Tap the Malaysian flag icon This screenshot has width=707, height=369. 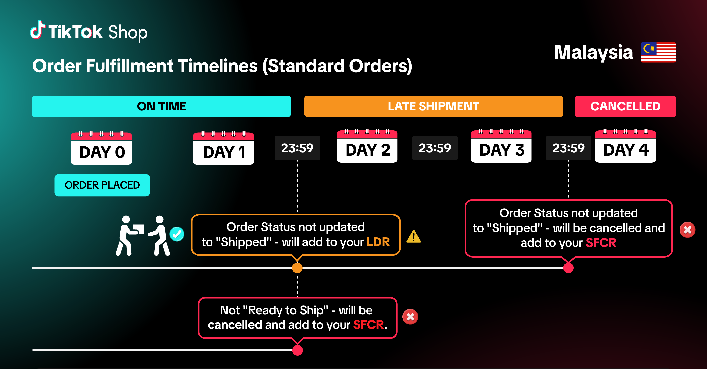point(658,52)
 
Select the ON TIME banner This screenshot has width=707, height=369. point(161,106)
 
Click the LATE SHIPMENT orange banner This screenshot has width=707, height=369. point(433,106)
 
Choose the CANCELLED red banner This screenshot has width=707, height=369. point(625,106)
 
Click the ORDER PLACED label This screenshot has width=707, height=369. point(102,185)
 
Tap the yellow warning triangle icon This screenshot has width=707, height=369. point(413,237)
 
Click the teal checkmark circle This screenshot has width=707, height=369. point(177,234)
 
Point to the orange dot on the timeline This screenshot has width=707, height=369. point(297,268)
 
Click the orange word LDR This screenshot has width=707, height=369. point(378,242)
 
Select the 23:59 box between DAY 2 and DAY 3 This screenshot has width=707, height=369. point(435,148)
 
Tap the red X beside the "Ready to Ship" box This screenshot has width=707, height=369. point(410,317)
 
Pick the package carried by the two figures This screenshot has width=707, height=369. point(139,229)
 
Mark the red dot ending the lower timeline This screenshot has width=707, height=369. point(297,350)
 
